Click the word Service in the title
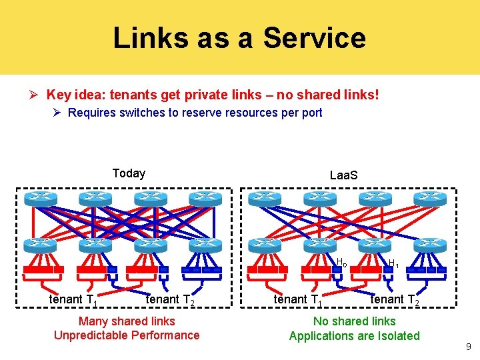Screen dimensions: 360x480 [314, 38]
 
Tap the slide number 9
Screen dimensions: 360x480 [469, 347]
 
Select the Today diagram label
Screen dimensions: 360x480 [129, 173]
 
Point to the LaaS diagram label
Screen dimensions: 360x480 [344, 175]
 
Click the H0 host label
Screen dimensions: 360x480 [341, 262]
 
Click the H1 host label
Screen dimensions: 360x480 [393, 263]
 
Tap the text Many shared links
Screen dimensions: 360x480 [127, 321]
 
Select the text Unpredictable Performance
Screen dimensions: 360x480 [127, 335]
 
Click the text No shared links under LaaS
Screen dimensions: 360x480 [354, 321]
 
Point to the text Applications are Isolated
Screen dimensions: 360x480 [354, 336]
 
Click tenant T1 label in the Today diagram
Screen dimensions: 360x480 [73, 301]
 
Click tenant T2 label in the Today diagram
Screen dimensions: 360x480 [170, 301]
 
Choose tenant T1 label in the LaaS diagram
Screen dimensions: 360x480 [297, 301]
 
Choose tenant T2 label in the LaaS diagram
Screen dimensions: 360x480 [395, 301]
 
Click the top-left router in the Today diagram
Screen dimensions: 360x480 [40, 199]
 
